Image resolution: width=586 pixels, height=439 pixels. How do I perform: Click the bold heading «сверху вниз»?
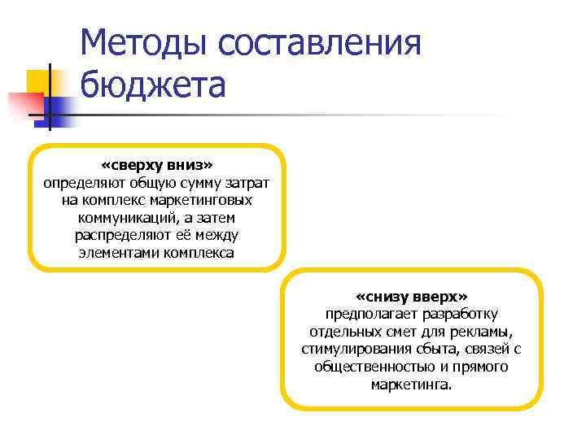157,166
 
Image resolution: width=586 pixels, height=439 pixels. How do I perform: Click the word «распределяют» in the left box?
123,235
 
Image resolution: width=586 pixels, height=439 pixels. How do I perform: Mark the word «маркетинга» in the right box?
409,385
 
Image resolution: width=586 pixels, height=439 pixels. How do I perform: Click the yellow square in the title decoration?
39,81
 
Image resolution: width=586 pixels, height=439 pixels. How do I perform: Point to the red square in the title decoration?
24,105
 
